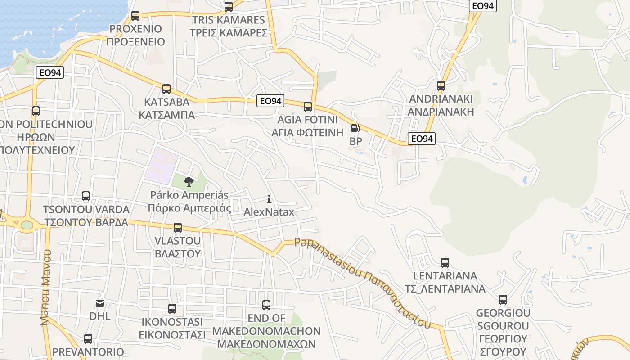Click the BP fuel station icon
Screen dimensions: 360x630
[355, 128]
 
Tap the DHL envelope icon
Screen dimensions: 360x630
[99, 303]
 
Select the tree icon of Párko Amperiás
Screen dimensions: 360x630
[189, 182]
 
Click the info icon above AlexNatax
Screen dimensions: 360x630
[269, 198]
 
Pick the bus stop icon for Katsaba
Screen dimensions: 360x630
[166, 89]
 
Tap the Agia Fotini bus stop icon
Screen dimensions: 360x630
[308, 107]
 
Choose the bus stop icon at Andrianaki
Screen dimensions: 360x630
[441, 85]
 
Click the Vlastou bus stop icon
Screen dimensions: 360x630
[178, 228]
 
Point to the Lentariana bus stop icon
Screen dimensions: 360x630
[445, 262]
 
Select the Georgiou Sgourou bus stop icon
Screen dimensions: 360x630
[503, 300]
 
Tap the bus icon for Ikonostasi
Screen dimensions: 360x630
[172, 309]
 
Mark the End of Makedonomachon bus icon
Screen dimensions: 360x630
[266, 305]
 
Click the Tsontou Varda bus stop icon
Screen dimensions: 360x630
[86, 196]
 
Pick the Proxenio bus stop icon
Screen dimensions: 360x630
[135, 16]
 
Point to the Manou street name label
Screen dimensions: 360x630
[46, 288]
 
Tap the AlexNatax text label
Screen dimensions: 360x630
[269, 211]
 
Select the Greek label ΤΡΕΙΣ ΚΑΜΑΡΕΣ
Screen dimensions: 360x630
[228, 32]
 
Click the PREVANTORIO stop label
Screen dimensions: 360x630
[88, 351]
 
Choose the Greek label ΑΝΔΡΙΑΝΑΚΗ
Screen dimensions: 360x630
[441, 112]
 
